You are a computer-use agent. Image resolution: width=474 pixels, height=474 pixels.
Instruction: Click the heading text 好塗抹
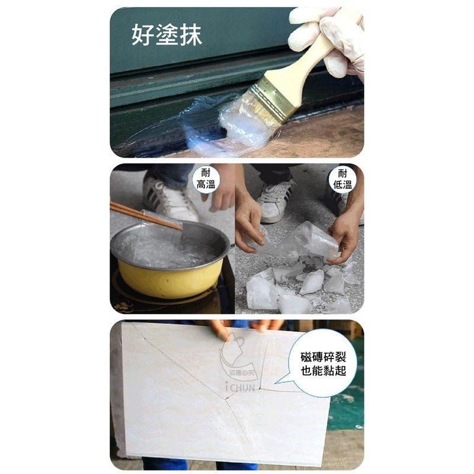point(166,35)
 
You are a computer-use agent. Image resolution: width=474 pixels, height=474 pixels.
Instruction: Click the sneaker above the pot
point(169,198)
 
